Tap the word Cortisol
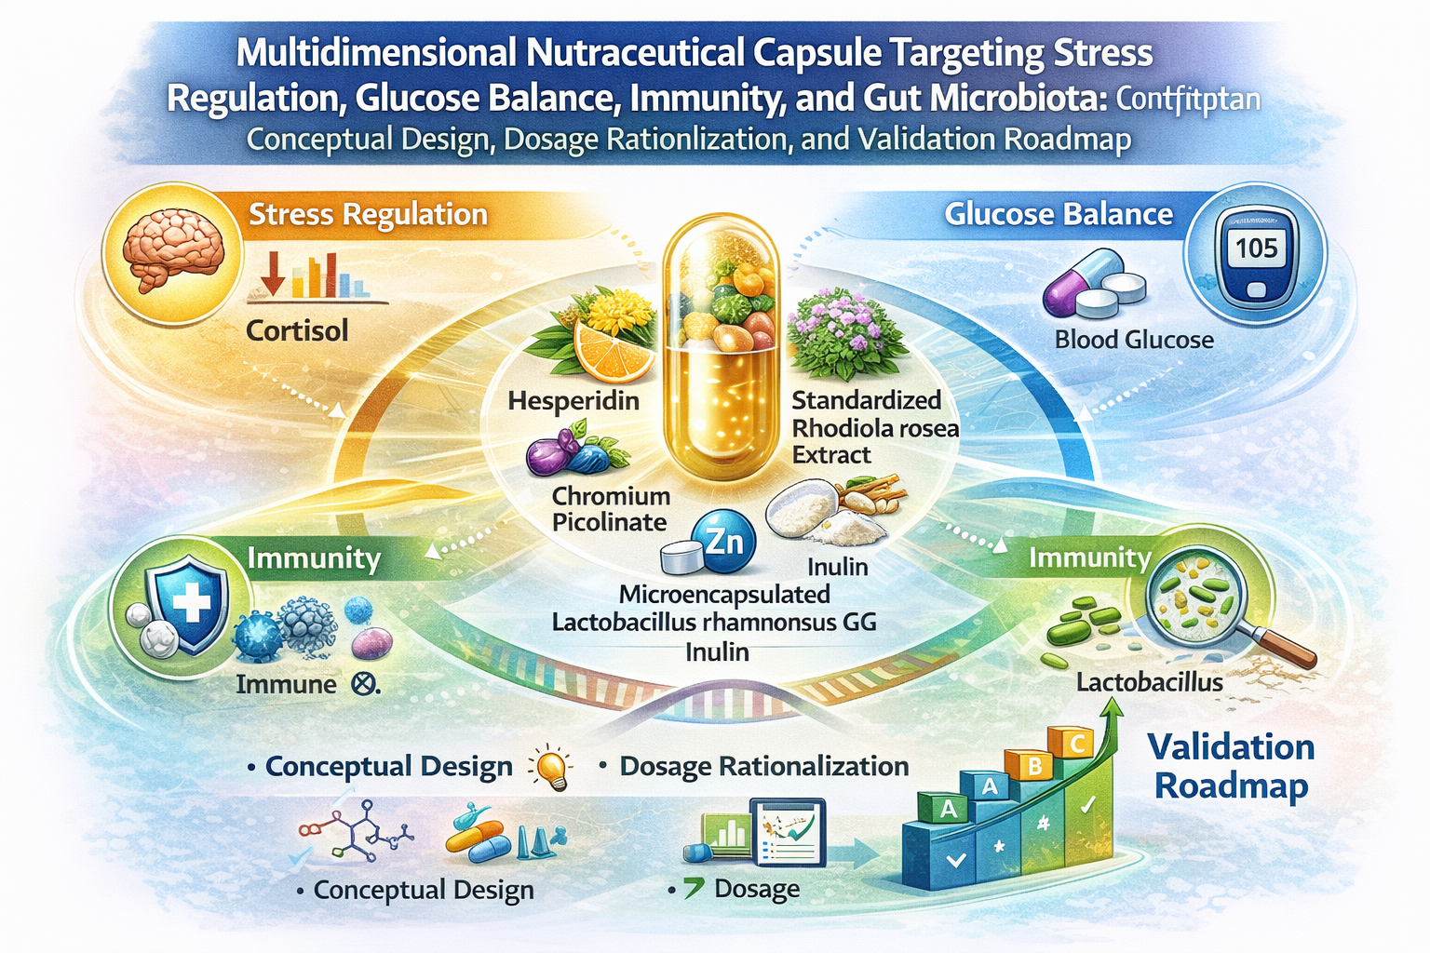click(x=297, y=330)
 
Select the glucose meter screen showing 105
click(x=1256, y=248)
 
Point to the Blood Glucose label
click(x=1134, y=340)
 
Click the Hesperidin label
click(x=573, y=401)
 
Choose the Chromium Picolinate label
click(x=611, y=509)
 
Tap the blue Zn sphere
click(x=724, y=540)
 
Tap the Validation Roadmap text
click(x=1231, y=766)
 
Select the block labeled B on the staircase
click(x=1033, y=766)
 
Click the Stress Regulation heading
click(x=368, y=215)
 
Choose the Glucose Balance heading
click(x=1059, y=215)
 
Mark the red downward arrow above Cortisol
click(x=273, y=273)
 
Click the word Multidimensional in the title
click(x=375, y=53)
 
